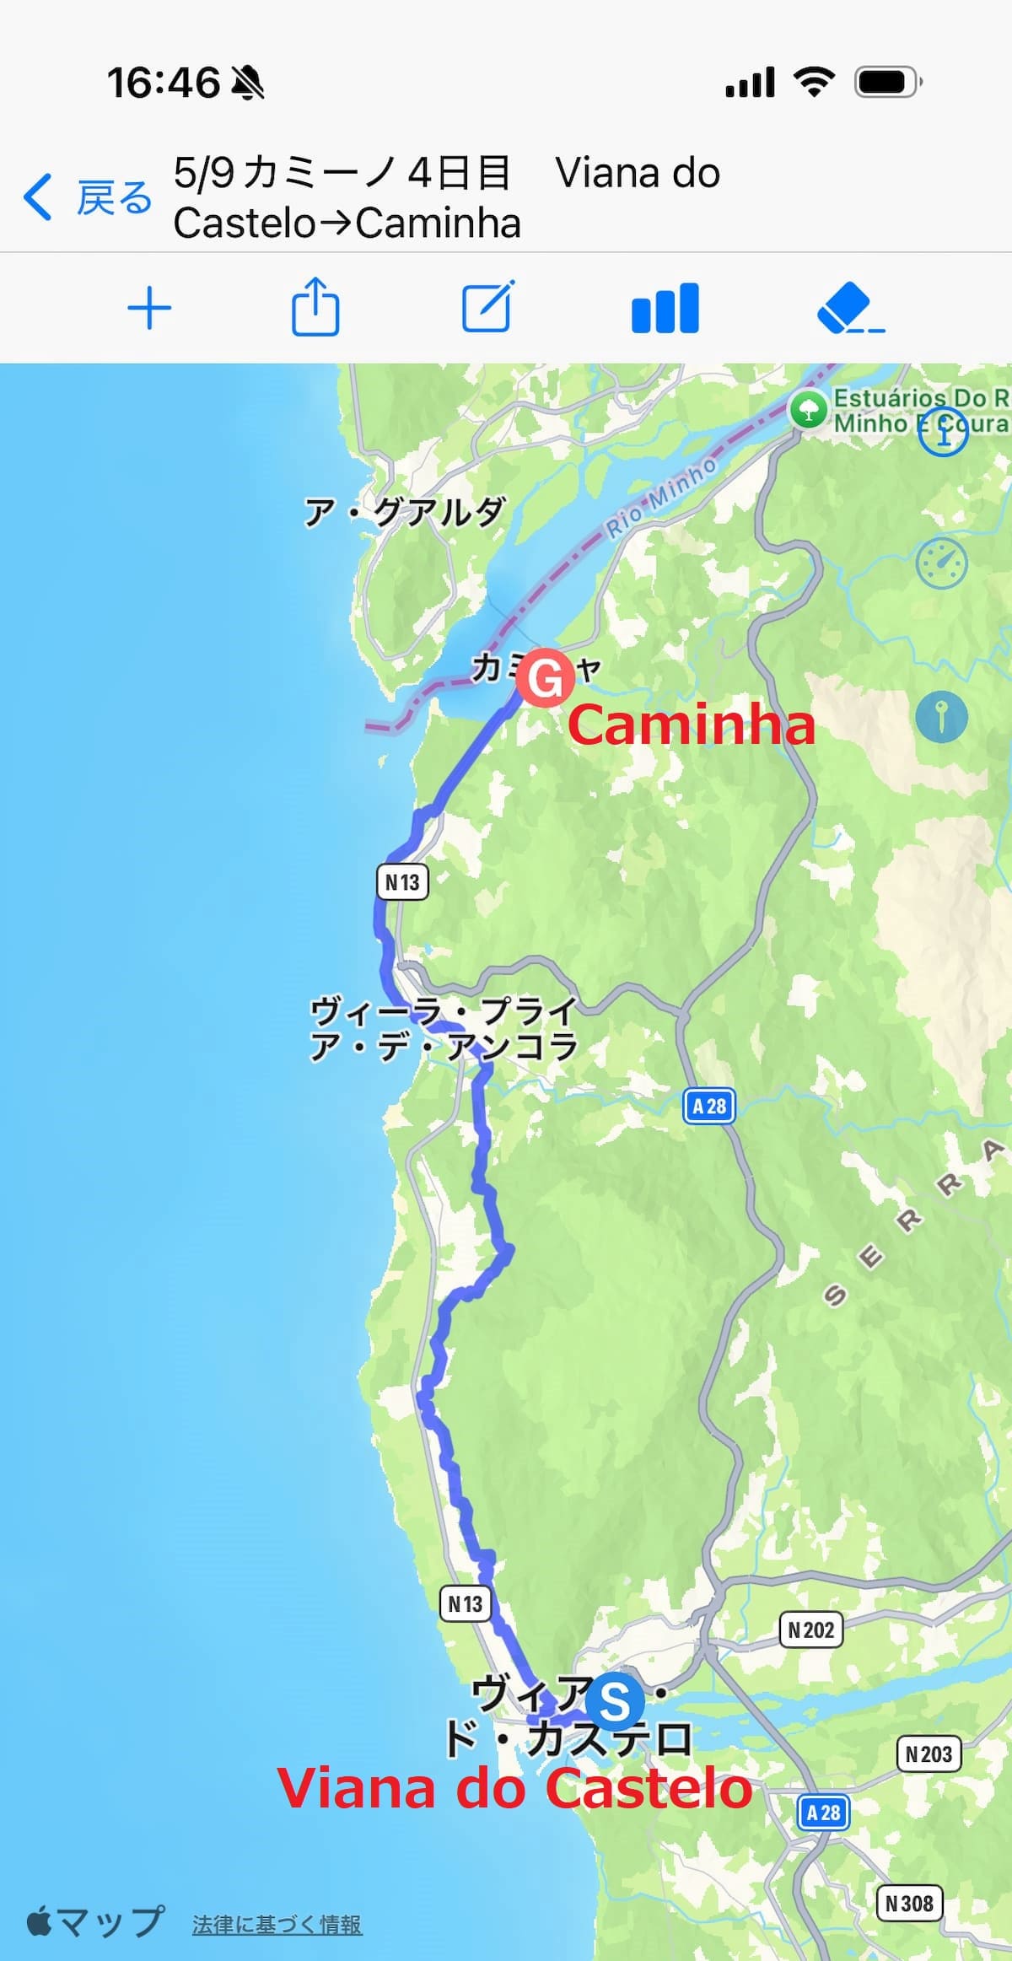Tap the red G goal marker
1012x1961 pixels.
545,676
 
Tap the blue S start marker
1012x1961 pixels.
615,1700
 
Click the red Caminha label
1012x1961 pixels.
692,725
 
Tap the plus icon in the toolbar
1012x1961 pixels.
149,309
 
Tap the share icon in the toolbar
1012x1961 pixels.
315,307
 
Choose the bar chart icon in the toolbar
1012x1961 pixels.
665,308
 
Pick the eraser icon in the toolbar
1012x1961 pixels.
849,309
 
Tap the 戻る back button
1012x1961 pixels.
89,198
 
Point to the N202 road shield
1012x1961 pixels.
810,1630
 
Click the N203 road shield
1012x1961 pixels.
928,1754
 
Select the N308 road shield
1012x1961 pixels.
909,1904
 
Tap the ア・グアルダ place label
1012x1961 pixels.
405,511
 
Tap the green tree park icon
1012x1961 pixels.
808,411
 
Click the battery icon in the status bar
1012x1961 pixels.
888,82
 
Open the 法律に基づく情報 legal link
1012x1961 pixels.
277,1925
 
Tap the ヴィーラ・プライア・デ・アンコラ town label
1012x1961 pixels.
444,1028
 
